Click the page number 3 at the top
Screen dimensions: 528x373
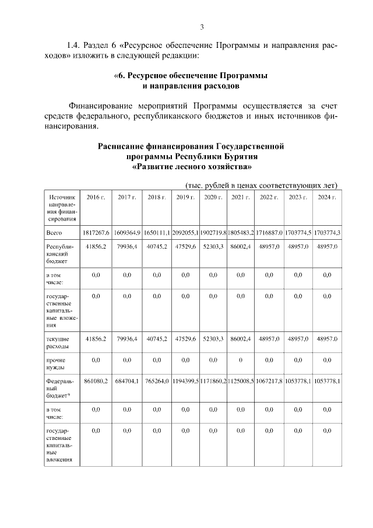point(202,27)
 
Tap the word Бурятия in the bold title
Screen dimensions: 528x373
point(238,156)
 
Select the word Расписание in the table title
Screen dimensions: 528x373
point(125,146)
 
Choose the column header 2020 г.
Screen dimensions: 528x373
point(213,198)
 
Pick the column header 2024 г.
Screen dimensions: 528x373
point(326,198)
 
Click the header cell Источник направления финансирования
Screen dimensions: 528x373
point(62,208)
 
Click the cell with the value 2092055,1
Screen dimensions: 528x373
point(185,232)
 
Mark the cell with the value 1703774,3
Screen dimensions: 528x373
point(326,232)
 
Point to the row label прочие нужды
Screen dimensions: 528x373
point(58,364)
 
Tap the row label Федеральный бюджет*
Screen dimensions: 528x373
point(61,389)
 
